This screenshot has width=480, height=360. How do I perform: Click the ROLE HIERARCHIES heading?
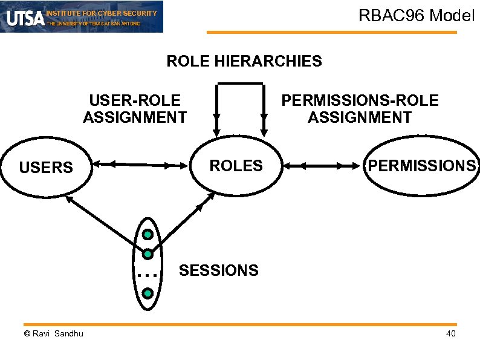pyautogui.click(x=244, y=61)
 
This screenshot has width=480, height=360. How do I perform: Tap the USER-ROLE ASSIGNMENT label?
pyautogui.click(x=134, y=108)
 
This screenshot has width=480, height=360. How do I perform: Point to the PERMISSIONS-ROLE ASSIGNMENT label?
pyautogui.click(x=360, y=108)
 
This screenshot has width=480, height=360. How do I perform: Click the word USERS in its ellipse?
pyautogui.click(x=46, y=167)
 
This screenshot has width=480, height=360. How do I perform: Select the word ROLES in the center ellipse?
pyautogui.click(x=236, y=165)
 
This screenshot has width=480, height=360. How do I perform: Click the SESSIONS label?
pyautogui.click(x=218, y=270)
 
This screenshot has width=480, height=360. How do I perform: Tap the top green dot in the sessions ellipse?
pyautogui.click(x=147, y=234)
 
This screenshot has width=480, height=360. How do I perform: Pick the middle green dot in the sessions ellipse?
pyautogui.click(x=147, y=254)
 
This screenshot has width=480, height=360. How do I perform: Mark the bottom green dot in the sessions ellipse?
pyautogui.click(x=147, y=293)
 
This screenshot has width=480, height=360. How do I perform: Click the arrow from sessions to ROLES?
pyautogui.click(x=187, y=218)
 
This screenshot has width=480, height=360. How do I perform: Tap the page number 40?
pyautogui.click(x=450, y=335)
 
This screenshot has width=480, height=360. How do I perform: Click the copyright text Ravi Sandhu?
pyautogui.click(x=54, y=334)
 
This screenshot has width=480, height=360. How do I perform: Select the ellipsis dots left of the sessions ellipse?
pyautogui.click(x=146, y=275)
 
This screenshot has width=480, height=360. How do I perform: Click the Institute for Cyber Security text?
pyautogui.click(x=101, y=13)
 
